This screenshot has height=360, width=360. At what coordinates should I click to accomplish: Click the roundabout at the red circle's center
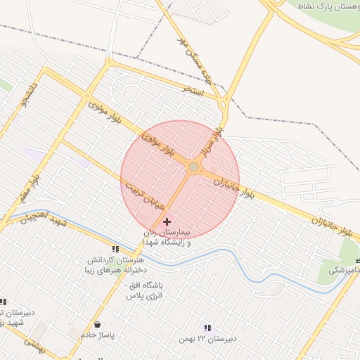pos(193,167)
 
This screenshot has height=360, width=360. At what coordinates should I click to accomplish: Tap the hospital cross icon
pos(166,221)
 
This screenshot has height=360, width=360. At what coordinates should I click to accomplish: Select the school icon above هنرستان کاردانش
pos(115,249)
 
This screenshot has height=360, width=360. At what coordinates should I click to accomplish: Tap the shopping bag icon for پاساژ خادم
pos(96,325)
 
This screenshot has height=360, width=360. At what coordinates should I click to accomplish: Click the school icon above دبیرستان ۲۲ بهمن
pos(207,328)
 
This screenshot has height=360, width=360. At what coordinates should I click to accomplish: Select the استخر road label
pos(192,91)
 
